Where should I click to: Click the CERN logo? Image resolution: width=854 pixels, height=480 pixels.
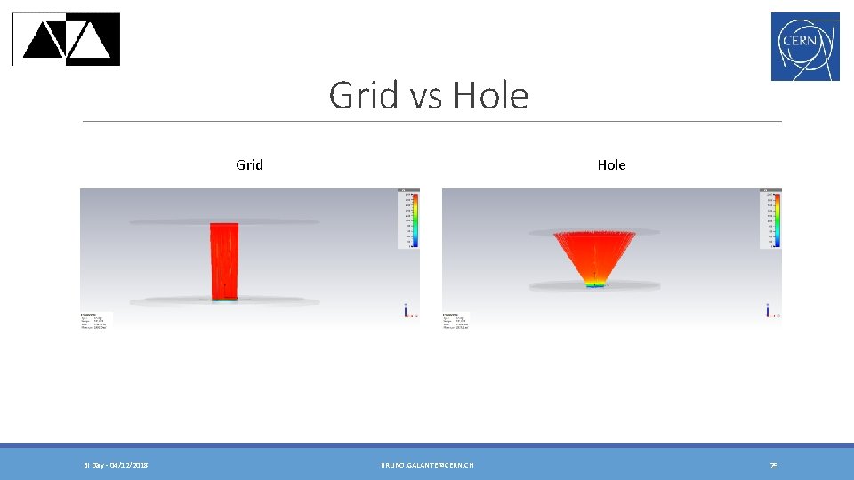point(805,46)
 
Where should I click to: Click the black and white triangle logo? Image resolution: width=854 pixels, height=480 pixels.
point(68,39)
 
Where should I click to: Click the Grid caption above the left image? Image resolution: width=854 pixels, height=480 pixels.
point(249,164)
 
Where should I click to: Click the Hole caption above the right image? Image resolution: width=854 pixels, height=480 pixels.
point(611,164)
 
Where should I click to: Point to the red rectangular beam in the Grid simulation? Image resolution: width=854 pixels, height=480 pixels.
point(223,261)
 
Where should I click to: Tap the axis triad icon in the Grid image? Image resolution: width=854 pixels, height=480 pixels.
point(407,311)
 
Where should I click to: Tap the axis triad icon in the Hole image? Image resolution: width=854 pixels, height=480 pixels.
point(769,311)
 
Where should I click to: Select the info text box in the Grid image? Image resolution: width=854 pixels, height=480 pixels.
point(94,322)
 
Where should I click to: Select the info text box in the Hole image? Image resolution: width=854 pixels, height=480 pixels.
point(456,322)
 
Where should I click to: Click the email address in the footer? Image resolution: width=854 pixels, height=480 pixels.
point(427,465)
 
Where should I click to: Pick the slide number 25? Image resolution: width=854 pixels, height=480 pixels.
point(773,465)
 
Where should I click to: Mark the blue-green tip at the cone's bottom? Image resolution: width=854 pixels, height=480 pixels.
point(595,285)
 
